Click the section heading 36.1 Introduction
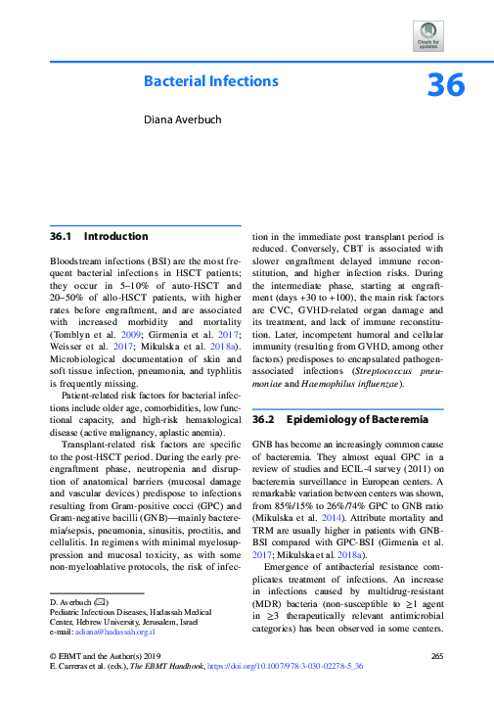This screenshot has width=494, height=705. point(99,237)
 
